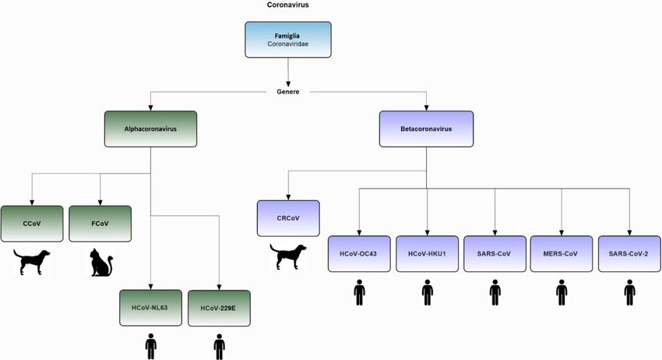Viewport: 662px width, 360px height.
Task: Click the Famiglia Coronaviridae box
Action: pos(288,40)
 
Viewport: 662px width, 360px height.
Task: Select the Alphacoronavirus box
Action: pos(150,129)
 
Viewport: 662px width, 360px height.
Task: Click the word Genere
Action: pos(288,91)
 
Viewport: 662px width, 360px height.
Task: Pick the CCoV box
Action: pos(32,223)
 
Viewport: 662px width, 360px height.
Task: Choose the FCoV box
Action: pos(100,223)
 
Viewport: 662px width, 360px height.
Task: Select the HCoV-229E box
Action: pos(219,308)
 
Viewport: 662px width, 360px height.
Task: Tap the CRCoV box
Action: pos(289,218)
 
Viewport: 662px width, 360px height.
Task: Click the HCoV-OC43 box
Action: pos(359,253)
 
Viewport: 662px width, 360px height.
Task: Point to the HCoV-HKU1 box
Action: pos(427,253)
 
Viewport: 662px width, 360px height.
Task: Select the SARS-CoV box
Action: pos(495,253)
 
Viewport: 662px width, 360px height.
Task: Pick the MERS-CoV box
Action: pos(562,253)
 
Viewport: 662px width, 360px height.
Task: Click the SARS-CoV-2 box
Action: pos(629,253)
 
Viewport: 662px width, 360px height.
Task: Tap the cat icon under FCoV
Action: pos(101,263)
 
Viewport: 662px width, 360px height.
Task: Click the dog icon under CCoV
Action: pos(33,262)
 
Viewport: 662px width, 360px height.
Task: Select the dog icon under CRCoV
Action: pos(288,257)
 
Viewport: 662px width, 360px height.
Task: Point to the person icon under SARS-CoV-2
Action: pos(629,294)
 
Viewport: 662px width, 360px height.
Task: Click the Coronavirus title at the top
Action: pos(287,5)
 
